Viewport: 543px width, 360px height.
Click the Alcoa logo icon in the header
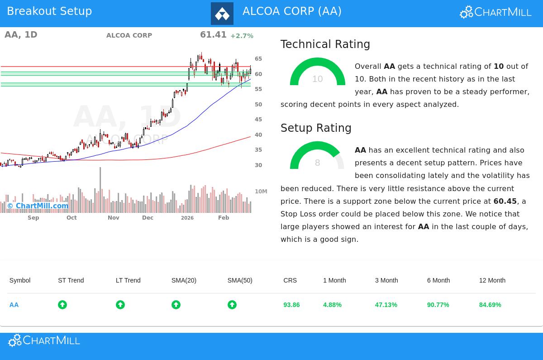click(x=222, y=14)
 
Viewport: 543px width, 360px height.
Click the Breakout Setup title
click(x=49, y=11)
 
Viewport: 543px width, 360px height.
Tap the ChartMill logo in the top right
click(x=495, y=12)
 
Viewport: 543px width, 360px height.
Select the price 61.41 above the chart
click(x=213, y=35)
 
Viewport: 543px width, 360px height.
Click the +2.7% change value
click(x=242, y=36)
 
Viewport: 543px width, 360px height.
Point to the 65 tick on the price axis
click(x=258, y=59)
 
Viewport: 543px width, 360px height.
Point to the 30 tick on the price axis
click(x=258, y=165)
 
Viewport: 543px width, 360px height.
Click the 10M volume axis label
click(x=261, y=192)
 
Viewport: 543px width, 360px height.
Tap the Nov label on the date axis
click(x=114, y=218)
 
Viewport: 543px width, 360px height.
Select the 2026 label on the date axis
click(x=187, y=218)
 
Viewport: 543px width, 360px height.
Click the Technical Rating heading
click(x=325, y=44)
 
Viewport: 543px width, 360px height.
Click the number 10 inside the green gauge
click(x=318, y=79)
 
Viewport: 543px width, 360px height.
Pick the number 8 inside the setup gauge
click(x=318, y=163)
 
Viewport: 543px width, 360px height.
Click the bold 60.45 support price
click(x=505, y=201)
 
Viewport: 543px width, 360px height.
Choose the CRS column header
click(x=290, y=280)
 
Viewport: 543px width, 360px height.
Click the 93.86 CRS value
click(x=291, y=305)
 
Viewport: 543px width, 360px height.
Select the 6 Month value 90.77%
click(x=438, y=305)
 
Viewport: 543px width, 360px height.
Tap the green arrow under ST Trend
click(x=62, y=305)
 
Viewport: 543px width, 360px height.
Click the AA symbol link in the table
click(x=14, y=305)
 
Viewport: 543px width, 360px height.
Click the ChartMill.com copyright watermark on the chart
click(x=38, y=206)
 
